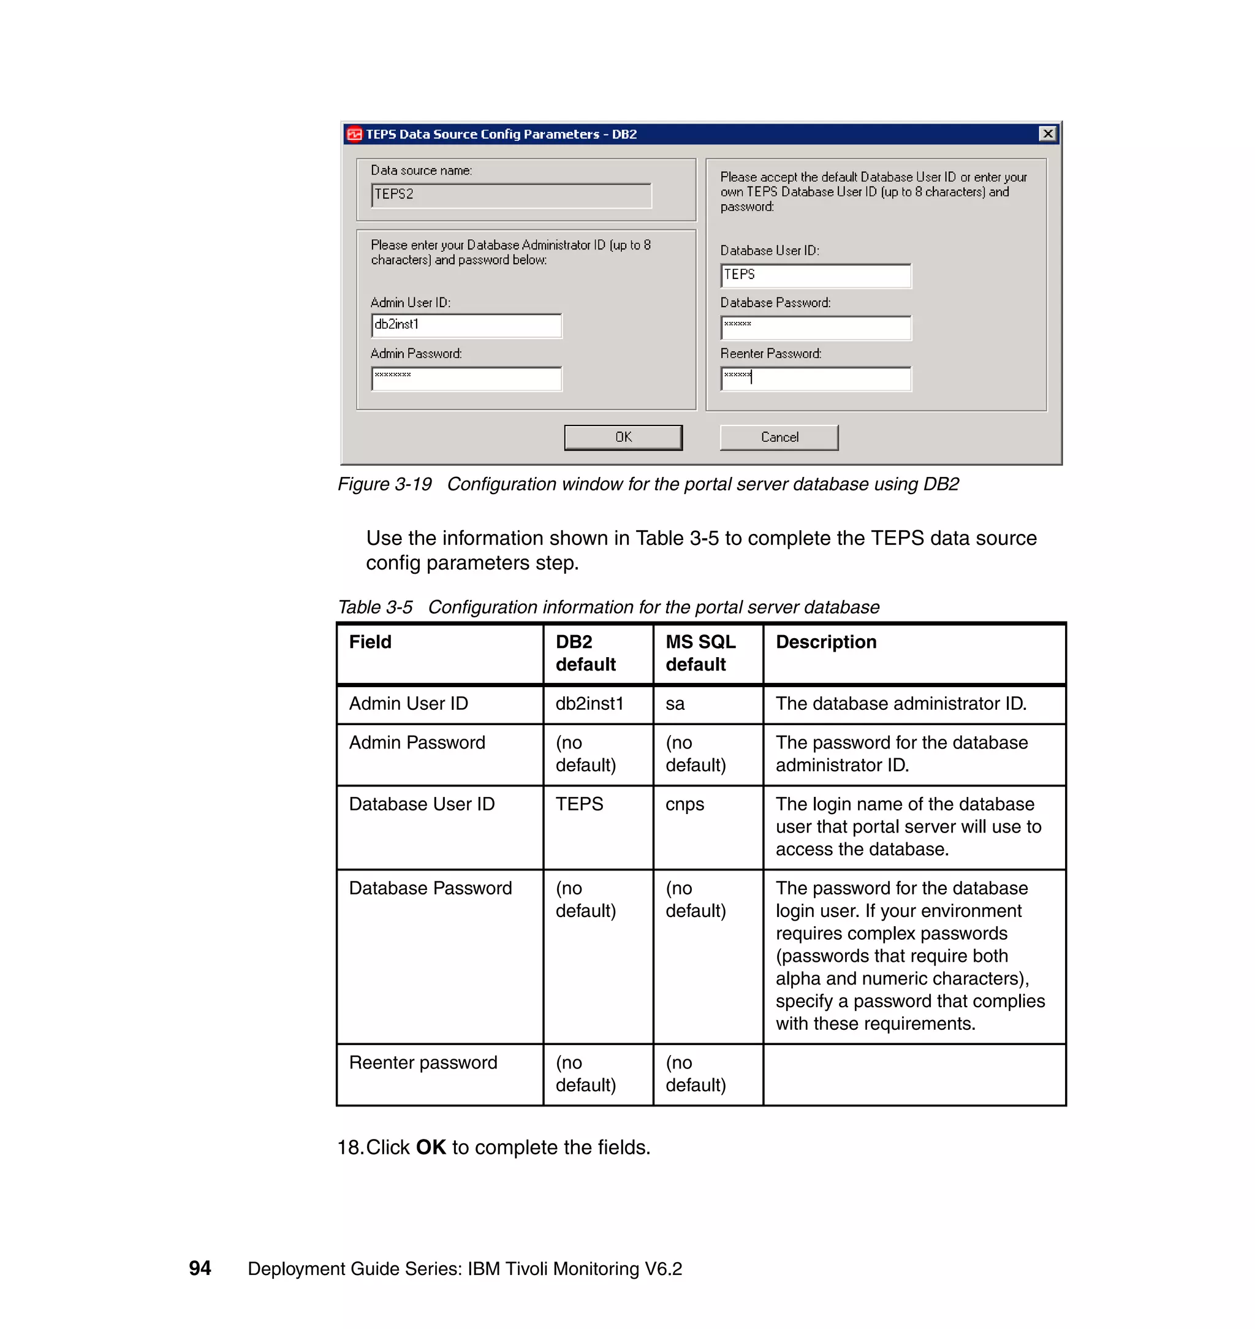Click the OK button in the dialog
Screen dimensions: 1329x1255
click(x=623, y=437)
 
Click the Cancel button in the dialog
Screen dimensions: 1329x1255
click(x=779, y=437)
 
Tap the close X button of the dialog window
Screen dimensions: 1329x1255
click(x=1048, y=134)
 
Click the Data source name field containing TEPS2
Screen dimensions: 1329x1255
click(x=511, y=195)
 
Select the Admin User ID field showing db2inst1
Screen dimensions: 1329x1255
click(x=466, y=326)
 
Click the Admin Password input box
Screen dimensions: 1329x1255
click(x=466, y=378)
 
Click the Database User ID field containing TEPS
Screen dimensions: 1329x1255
click(x=816, y=275)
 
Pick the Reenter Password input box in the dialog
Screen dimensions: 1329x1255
click(x=816, y=378)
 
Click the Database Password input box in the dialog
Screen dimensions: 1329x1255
click(x=816, y=327)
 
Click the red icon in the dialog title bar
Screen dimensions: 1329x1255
click(x=354, y=134)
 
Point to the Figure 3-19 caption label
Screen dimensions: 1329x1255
click(x=385, y=484)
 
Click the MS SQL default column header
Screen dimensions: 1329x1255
click(x=700, y=652)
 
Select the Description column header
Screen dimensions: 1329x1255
click(x=825, y=642)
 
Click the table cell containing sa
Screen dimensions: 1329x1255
click(x=675, y=703)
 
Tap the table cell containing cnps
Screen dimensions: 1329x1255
click(x=684, y=804)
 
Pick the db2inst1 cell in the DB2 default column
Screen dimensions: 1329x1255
click(x=590, y=703)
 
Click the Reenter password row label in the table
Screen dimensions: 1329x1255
click(x=423, y=1063)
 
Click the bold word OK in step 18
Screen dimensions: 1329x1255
click(x=431, y=1147)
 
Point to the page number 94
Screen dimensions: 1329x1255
click(x=200, y=1268)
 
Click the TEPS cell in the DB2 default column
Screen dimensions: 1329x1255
click(x=579, y=804)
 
